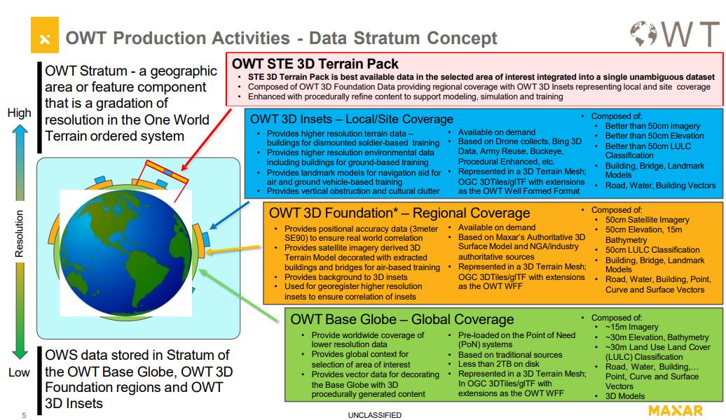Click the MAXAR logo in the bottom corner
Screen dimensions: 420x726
(676, 409)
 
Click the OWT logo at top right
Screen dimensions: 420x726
(673, 34)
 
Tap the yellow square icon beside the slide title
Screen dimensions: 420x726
(44, 38)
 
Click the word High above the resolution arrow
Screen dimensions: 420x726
(19, 112)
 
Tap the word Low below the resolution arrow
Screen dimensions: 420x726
(19, 372)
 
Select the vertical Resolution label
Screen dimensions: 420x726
(19, 234)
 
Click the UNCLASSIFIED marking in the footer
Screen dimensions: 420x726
(374, 415)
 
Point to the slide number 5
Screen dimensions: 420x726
(24, 415)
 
